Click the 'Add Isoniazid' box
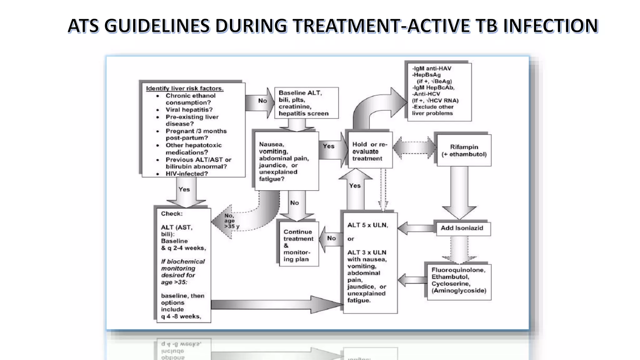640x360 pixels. pyautogui.click(x=462, y=228)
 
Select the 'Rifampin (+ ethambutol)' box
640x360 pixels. pyautogui.click(x=464, y=150)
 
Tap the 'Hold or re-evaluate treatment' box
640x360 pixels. pyautogui.click(x=369, y=151)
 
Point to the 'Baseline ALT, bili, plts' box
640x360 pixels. pyautogui.click(x=306, y=103)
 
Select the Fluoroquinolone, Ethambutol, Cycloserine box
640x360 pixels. pyautogui.click(x=459, y=280)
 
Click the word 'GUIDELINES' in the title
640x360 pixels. pyautogui.click(x=157, y=26)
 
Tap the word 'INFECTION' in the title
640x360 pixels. pyautogui.click(x=551, y=26)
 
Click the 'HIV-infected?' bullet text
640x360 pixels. pyautogui.click(x=187, y=174)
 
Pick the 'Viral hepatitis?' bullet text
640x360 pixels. pyautogui.click(x=189, y=110)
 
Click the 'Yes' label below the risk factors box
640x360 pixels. pyautogui.click(x=184, y=189)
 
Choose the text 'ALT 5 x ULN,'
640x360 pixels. pyautogui.click(x=367, y=225)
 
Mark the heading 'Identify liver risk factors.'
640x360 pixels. pyautogui.click(x=185, y=88)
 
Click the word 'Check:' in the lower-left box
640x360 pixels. pyautogui.click(x=172, y=214)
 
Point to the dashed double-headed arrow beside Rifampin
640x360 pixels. pyautogui.click(x=414, y=148)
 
